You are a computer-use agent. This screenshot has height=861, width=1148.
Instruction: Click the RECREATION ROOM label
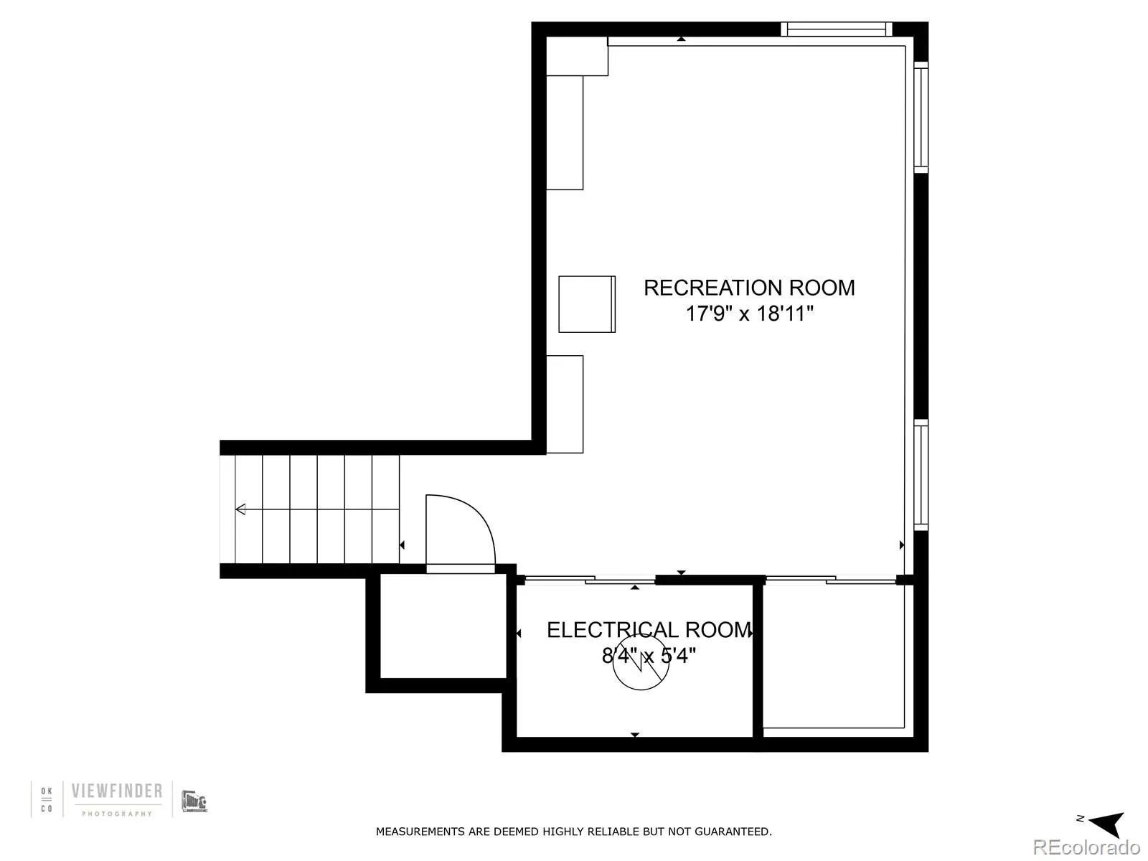pos(749,288)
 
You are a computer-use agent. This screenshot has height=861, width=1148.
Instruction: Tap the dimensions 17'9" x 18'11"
pos(749,314)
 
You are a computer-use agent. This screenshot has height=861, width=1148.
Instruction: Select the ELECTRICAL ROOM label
pos(648,630)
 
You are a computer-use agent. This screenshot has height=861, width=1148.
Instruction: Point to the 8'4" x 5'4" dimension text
pos(648,656)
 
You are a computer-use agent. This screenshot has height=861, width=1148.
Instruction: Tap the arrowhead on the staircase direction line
pos(241,509)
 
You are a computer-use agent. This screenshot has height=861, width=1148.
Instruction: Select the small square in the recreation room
pos(587,304)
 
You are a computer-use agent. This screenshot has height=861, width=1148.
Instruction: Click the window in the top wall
pos(836,29)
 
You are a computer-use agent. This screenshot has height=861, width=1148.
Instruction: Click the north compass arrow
pos(1108,824)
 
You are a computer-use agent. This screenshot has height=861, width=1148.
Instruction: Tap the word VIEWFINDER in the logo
pos(116,791)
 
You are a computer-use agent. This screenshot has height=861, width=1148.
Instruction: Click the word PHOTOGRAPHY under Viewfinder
pos(116,814)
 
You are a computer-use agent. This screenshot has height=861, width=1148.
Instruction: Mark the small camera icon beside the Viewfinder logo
pos(194,801)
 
